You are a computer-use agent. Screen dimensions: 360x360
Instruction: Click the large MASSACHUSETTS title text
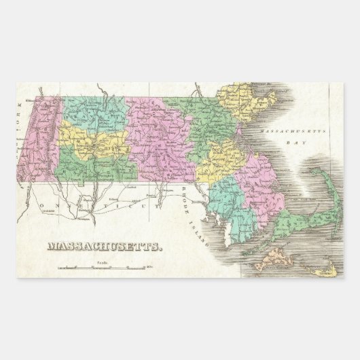pos(105,248)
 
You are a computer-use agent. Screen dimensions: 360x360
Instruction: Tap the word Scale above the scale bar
pos(103,262)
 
